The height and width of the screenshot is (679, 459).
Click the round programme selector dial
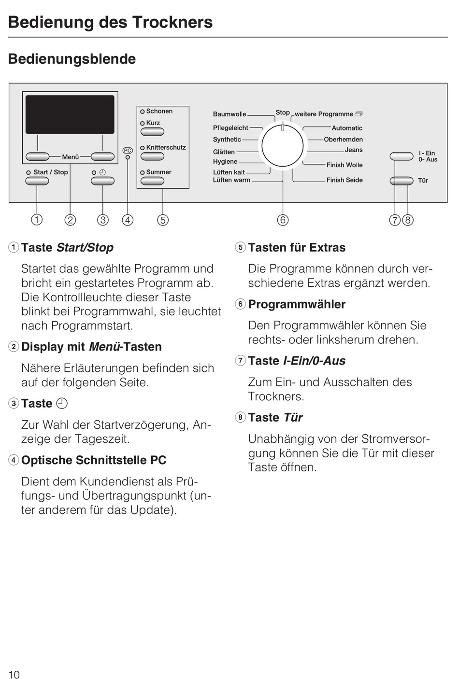[x=283, y=145]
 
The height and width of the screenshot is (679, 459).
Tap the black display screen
[x=70, y=114]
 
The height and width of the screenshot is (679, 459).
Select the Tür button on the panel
[x=402, y=181]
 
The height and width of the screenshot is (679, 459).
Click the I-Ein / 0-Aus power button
[x=402, y=156]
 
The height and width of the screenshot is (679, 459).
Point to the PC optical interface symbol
[x=128, y=151]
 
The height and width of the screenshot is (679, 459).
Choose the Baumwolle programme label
[x=229, y=114]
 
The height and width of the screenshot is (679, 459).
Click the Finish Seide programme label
[x=344, y=180]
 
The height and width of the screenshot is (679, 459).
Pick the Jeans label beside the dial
[x=354, y=150]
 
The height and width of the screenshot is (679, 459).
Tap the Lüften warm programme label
[x=231, y=180]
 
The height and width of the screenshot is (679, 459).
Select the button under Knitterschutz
[x=152, y=156]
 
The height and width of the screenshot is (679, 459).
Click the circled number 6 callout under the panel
[x=283, y=220]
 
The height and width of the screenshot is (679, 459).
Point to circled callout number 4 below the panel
[x=128, y=220]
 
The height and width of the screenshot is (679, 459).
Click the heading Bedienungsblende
[x=72, y=59]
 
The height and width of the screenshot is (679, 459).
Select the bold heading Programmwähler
[x=297, y=304]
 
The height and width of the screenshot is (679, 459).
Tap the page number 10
[x=14, y=675]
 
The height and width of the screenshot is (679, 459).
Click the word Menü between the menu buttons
[x=71, y=157]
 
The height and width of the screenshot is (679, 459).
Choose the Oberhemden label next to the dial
[x=343, y=140]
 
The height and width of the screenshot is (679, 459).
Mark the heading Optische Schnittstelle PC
[x=94, y=460]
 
